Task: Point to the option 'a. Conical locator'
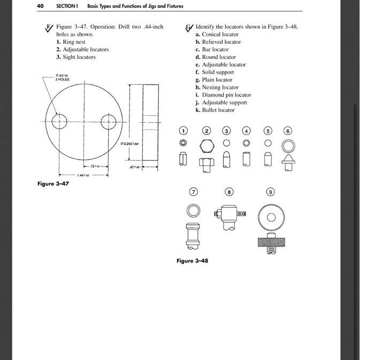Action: tap(218, 34)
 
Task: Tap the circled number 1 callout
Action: tap(184, 130)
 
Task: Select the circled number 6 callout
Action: tap(288, 130)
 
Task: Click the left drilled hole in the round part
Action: tap(59, 119)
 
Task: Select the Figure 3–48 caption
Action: tap(192, 261)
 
